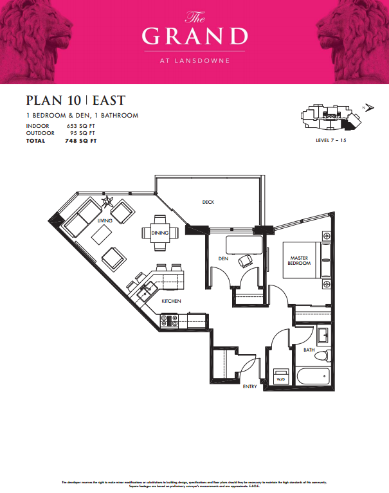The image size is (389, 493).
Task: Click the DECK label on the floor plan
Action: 208,202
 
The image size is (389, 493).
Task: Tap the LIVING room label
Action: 104,220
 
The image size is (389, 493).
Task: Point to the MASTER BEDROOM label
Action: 299,260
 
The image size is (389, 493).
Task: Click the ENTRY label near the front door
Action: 251,386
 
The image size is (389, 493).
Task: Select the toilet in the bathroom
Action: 324,355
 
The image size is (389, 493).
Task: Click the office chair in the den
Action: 245,261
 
